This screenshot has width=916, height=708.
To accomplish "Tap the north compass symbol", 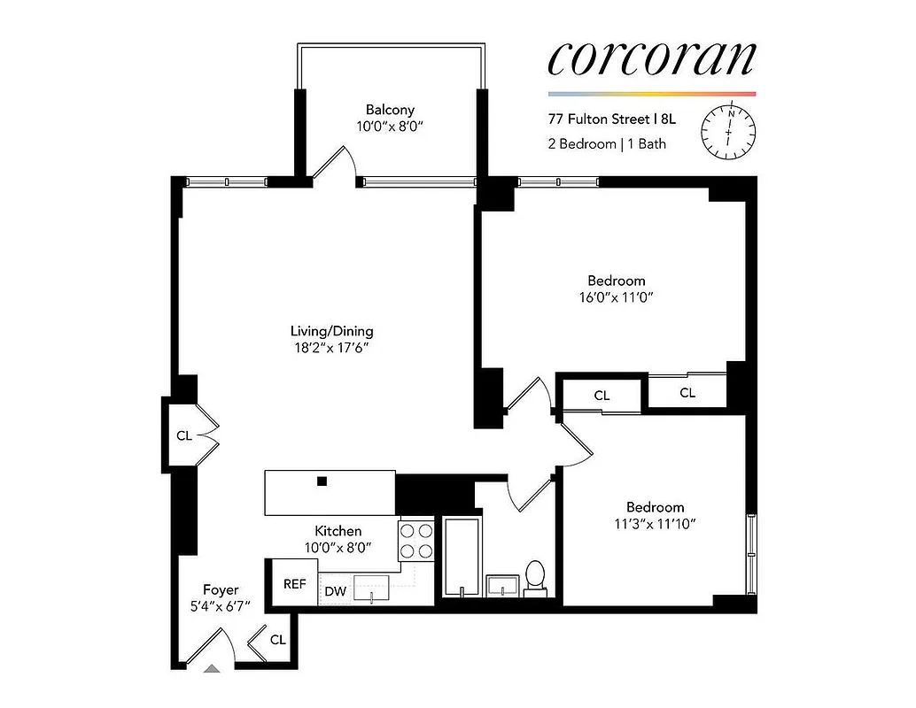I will tap(729, 132).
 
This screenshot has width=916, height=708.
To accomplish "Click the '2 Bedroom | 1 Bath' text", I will tap(606, 143).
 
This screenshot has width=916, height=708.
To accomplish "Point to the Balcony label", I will tap(391, 110).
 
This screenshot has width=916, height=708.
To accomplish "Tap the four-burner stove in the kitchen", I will tap(416, 540).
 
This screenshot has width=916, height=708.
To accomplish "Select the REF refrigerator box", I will tap(294, 583).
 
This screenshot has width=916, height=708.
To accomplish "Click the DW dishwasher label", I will tap(335, 591).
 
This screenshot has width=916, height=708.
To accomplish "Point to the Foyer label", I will tap(221, 589).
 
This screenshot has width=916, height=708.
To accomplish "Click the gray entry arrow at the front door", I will tap(212, 669).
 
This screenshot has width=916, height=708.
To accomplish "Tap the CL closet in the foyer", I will tap(277, 639).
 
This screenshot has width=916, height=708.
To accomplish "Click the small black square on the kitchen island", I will tap(323, 481).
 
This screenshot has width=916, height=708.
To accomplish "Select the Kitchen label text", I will tap(338, 531).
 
